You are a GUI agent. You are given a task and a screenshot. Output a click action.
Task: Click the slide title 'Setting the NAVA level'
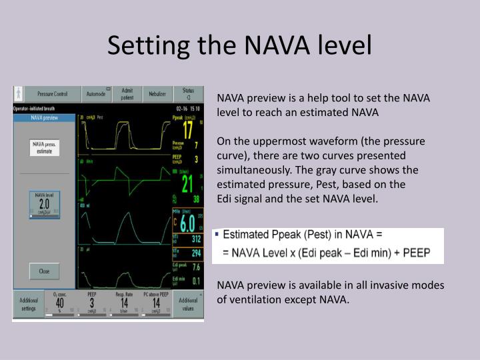point(239,45)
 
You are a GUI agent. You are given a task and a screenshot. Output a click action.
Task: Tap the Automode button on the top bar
point(100,94)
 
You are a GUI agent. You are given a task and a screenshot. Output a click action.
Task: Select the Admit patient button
point(127,94)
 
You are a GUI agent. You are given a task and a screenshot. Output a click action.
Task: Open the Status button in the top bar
point(188,94)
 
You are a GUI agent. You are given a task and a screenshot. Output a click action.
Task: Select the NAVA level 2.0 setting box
point(44,204)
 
